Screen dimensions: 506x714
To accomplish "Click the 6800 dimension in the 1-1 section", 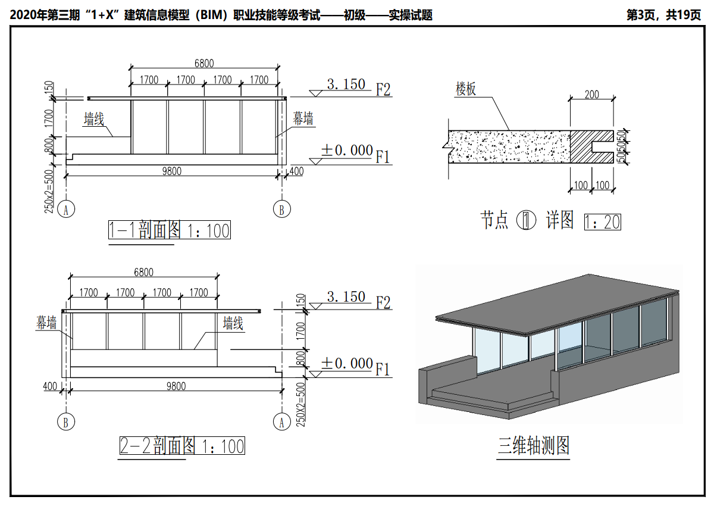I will pos(204,64).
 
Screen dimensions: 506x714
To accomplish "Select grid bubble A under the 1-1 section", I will pos(67,210).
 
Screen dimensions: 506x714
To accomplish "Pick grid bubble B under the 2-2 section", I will pos(65,422).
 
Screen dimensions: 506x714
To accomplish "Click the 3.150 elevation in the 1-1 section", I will pos(346,85).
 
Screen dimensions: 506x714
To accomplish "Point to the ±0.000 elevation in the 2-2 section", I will pos(347,363).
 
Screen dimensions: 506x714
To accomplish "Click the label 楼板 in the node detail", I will pos(466,89).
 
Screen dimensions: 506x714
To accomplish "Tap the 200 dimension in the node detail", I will pos(592,95).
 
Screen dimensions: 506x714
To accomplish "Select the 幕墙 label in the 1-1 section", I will pos(303,119).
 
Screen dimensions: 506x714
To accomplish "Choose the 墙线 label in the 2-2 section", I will pos(233,324).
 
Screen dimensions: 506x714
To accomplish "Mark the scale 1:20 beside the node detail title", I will pos(603,222).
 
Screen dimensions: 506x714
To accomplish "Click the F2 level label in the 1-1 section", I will pos(383,90).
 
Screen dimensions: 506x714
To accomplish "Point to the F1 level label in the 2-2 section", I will pos(383,370).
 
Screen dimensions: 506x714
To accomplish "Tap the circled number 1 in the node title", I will pos(527,221).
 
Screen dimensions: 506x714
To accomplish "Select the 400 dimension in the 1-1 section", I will pos(296,171).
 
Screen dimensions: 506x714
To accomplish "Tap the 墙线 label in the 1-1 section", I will pos(94,119).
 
